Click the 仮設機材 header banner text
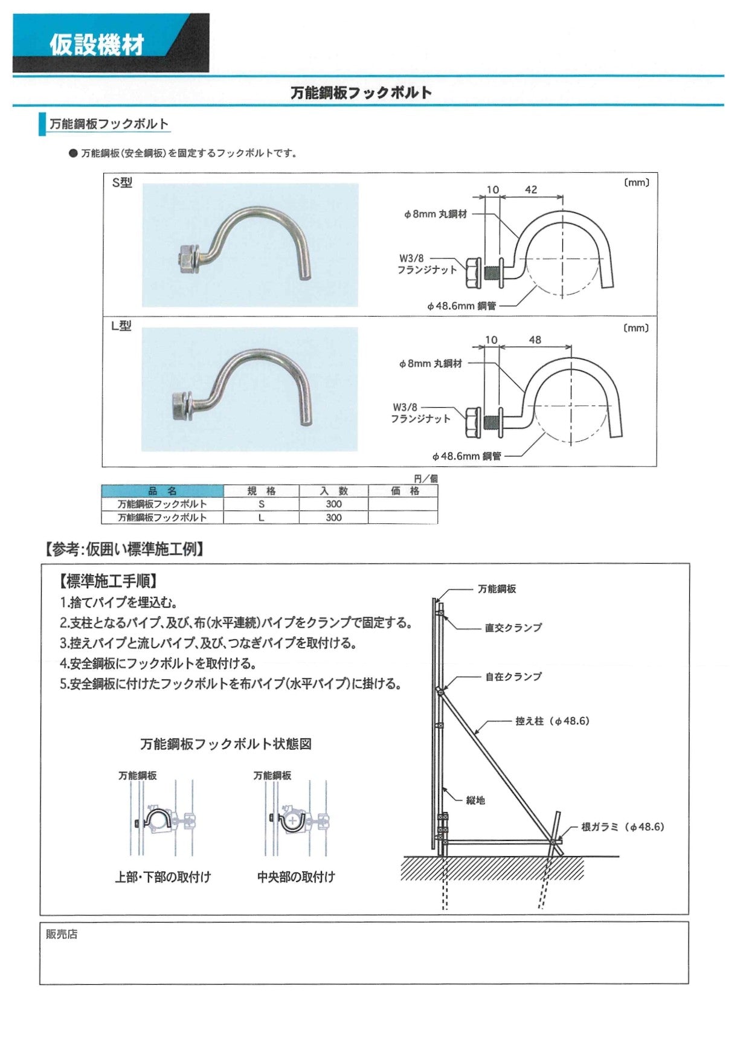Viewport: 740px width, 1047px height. (97, 45)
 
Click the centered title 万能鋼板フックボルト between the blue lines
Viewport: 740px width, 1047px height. (361, 92)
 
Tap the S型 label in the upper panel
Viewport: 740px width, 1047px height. (122, 182)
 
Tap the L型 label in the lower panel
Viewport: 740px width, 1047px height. (121, 326)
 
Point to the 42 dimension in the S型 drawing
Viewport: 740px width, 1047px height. (531, 189)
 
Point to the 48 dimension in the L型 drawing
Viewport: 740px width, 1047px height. (535, 340)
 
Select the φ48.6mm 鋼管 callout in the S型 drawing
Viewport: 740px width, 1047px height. (462, 306)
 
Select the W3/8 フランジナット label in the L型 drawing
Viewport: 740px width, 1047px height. (420, 413)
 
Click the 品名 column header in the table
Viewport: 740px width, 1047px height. (162, 491)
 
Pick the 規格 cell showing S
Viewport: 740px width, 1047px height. (262, 504)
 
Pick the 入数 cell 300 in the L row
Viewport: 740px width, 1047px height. (333, 517)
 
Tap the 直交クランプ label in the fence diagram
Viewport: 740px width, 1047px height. (513, 628)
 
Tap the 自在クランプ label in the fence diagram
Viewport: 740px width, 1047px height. (513, 677)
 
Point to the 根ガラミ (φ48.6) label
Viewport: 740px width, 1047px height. (622, 826)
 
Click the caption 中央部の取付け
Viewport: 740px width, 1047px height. (296, 877)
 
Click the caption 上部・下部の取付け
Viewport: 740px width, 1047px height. (163, 877)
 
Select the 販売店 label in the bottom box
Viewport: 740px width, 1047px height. (62, 934)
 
